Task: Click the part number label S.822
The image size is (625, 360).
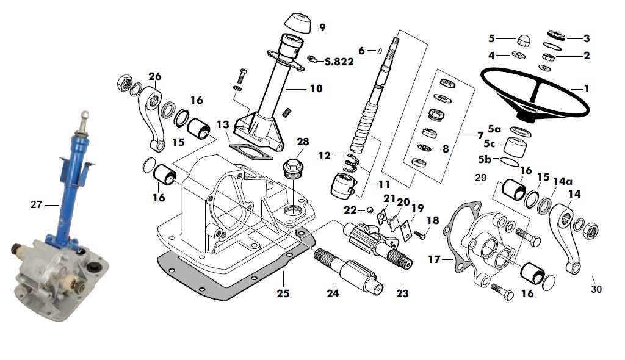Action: coord(339,62)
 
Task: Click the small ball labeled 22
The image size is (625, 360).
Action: coord(370,210)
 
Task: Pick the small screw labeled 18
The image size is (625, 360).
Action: coord(420,235)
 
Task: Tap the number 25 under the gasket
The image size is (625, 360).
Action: coord(283,293)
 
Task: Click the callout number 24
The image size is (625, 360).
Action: coord(333,293)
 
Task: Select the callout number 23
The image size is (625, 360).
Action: coord(402,293)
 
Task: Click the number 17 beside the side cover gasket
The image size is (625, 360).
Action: coord(434,259)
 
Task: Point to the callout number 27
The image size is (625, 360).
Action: coord(36,204)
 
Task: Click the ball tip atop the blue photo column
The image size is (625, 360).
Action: coord(84,115)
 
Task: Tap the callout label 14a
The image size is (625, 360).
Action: coord(562,181)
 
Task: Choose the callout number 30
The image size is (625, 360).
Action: coord(596,289)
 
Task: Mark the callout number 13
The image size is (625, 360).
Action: coord(223,125)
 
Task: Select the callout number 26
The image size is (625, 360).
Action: coord(155,76)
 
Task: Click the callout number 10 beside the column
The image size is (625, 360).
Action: coord(316,88)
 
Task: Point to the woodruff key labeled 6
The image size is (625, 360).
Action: coord(380,50)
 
